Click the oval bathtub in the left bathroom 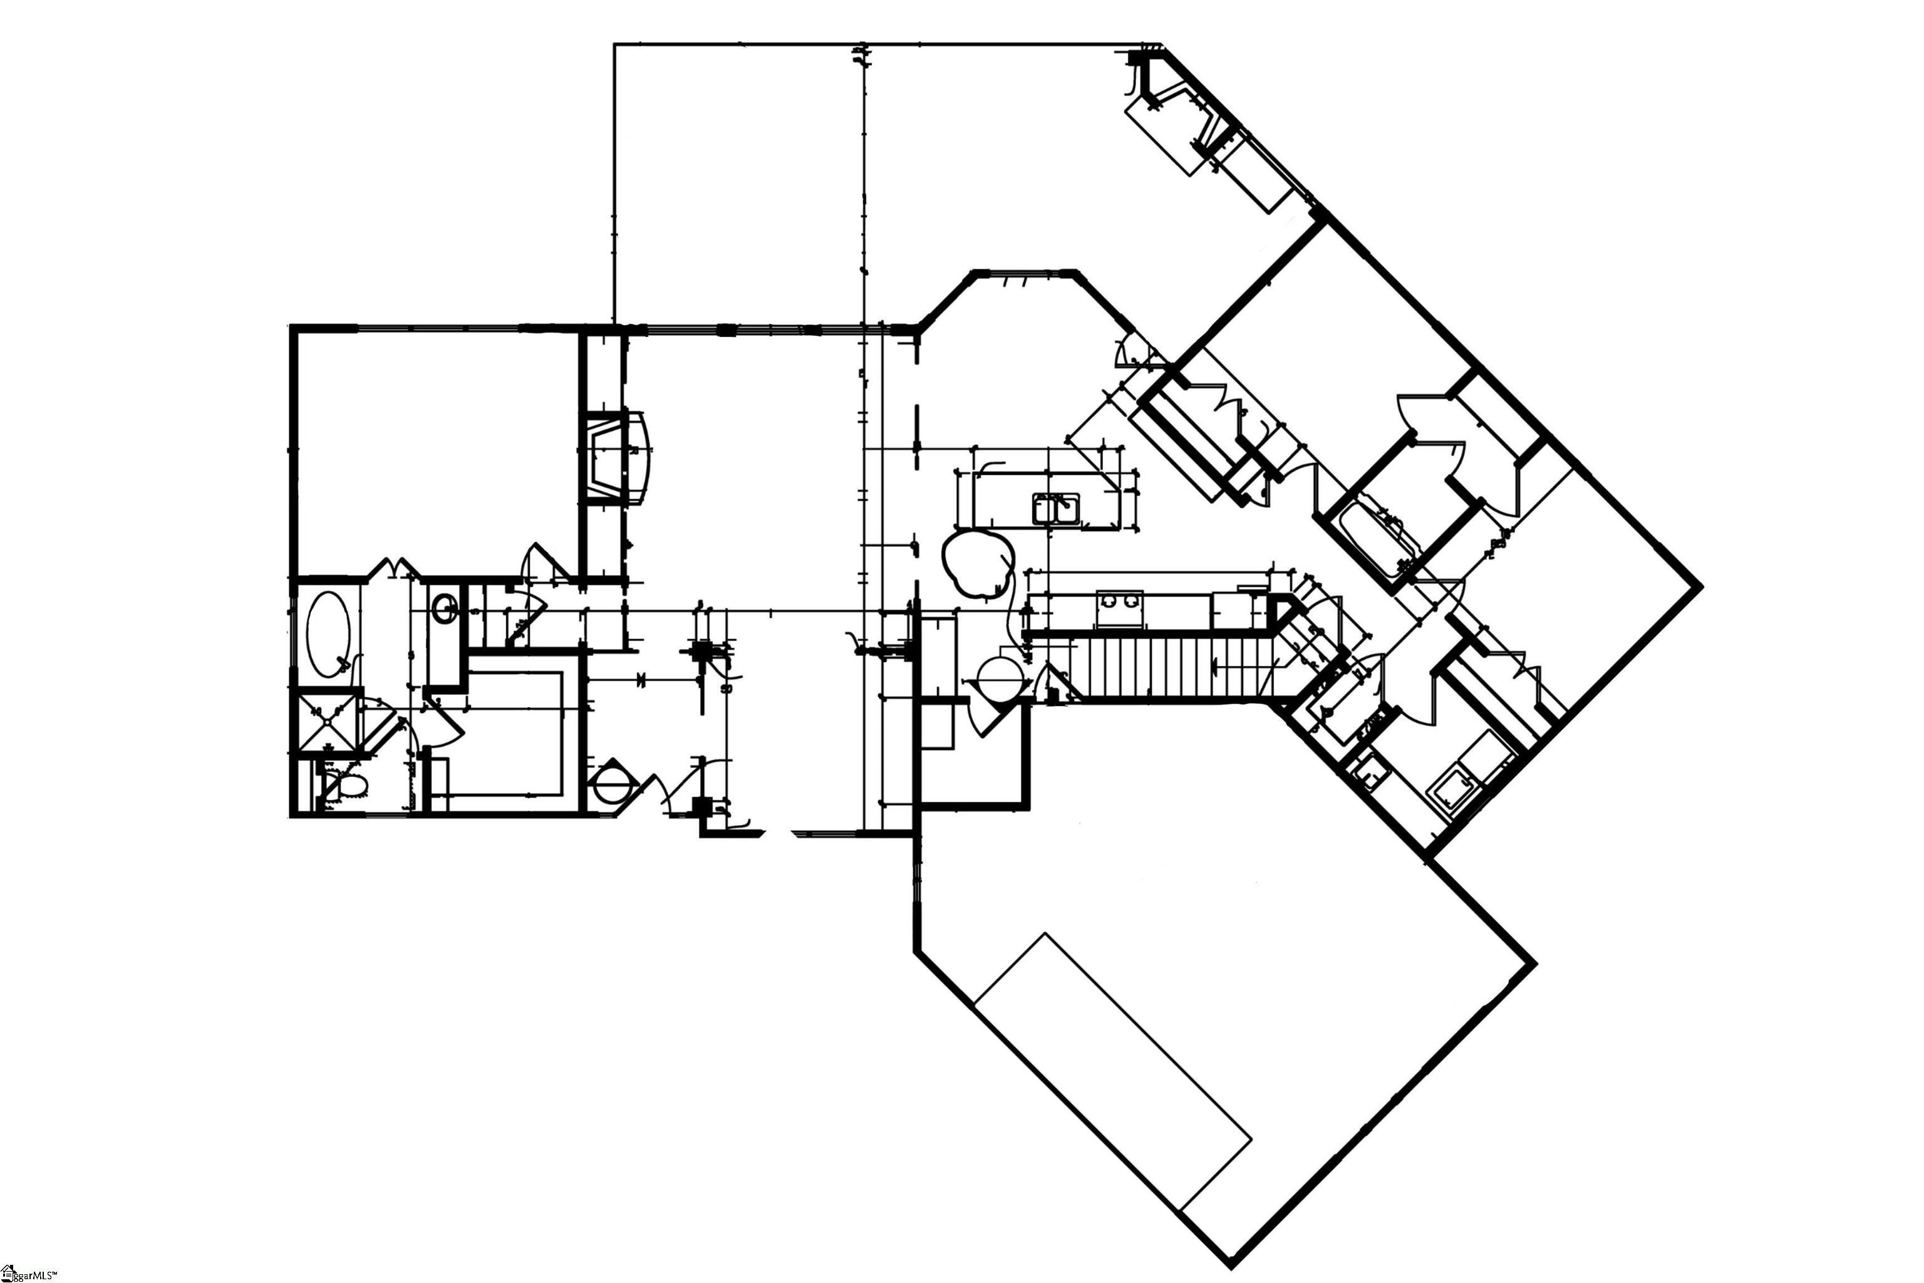point(329,633)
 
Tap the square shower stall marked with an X point(327,722)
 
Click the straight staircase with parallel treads point(1170,667)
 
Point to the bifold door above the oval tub point(395,566)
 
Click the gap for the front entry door point(777,834)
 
